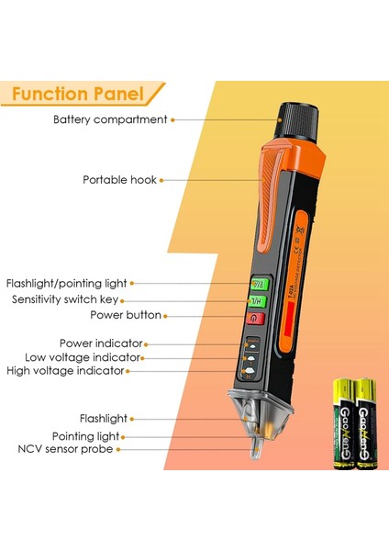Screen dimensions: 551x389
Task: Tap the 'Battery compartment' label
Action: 110,119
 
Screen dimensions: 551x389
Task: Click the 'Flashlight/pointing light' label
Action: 67,284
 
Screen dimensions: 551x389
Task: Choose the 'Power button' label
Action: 126,315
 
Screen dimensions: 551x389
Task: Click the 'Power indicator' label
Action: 100,343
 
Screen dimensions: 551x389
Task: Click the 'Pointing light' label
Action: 88,436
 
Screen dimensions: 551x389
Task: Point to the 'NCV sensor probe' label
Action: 65,449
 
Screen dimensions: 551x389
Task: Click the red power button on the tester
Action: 256,318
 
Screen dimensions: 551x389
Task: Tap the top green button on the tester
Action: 258,284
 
